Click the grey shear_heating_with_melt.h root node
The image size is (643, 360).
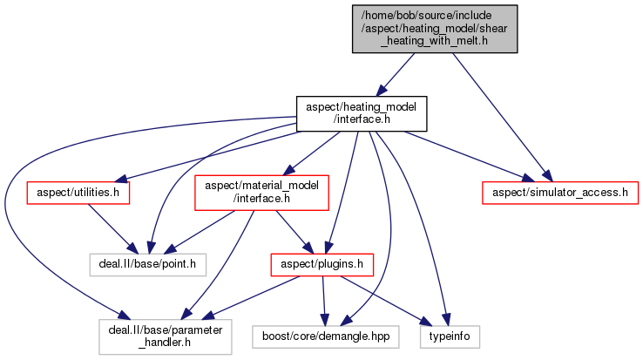point(435,29)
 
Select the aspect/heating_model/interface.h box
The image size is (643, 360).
point(362,112)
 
